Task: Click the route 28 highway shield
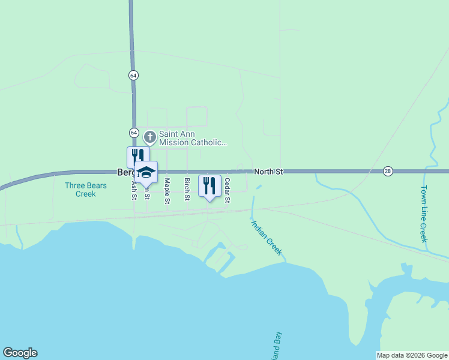(388, 172)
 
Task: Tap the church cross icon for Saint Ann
(149, 137)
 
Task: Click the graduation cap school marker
(146, 172)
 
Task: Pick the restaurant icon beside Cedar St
(209, 185)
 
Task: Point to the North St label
(268, 172)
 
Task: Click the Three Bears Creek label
(86, 190)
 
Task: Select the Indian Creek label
(266, 238)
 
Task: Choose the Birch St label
(187, 190)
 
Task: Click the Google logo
(20, 353)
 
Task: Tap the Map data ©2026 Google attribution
(412, 355)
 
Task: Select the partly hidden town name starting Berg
(125, 172)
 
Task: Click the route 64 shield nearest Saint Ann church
(133, 133)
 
